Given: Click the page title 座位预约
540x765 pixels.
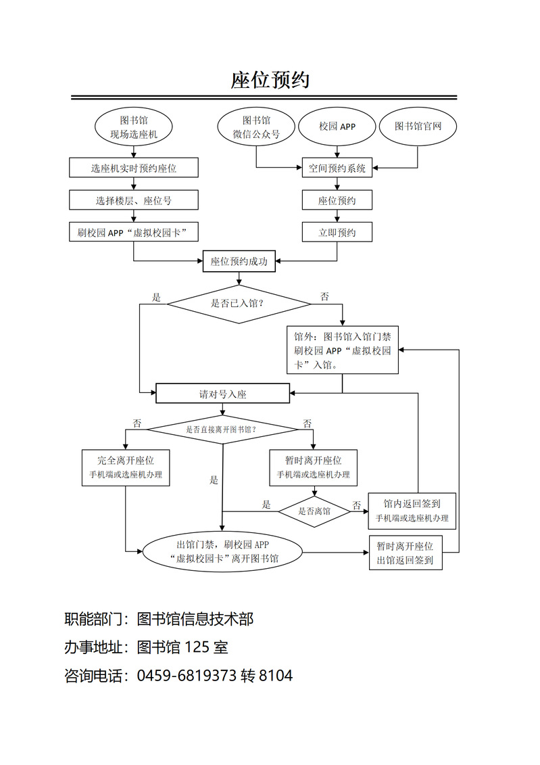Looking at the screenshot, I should coord(270,80).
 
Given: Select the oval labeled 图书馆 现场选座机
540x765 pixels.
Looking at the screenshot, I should coord(134,127).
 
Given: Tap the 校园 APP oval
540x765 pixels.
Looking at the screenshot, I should coord(337,126).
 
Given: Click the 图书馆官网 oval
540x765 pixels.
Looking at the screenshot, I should coord(418,126).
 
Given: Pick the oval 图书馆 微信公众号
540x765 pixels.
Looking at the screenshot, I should coord(256,127).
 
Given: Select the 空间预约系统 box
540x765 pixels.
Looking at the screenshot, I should coord(337,168).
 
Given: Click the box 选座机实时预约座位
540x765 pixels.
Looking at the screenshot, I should coord(134,168).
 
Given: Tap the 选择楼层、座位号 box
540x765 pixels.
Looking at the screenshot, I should coord(134,200).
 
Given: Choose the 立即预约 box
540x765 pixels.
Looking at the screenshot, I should coord(337,233).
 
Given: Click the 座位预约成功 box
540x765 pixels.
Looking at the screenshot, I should coord(239,262).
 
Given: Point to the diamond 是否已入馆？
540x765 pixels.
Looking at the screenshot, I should coord(239,304).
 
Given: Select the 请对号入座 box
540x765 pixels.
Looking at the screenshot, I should coord(223,394).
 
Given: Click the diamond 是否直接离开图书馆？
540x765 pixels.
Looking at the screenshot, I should coord(222,430).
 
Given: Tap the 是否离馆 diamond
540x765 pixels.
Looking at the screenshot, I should coord(314,511).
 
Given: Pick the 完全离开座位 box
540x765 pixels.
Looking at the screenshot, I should coord(125,467).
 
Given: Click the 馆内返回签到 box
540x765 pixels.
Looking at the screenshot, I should coord(412,511).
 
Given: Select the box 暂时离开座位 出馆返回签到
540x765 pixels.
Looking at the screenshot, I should coord(405,553).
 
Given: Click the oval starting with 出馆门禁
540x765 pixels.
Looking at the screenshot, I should coord(222,552).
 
